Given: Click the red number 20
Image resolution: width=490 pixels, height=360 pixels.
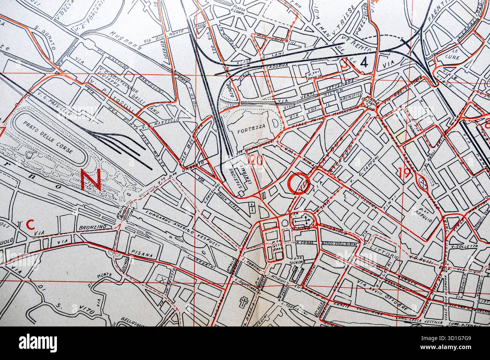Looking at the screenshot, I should (x=256, y=160).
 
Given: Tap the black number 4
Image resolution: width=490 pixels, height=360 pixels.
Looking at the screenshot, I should (x=364, y=63).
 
